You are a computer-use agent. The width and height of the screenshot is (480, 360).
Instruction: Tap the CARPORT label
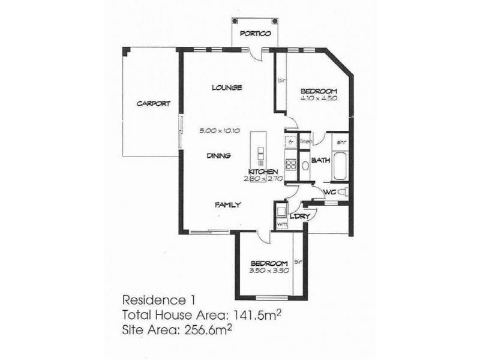point(153,103)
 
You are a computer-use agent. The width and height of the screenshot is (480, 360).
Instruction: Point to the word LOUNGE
point(227,88)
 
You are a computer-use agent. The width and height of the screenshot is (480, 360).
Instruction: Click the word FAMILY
point(228,205)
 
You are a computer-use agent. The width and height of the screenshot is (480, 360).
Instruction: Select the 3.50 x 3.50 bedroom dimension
point(270,271)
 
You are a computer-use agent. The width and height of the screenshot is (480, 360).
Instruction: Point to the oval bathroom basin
point(304,164)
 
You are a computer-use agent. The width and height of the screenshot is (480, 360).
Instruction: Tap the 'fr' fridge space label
point(290,143)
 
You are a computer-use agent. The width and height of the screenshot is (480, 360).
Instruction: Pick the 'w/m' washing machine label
point(281,224)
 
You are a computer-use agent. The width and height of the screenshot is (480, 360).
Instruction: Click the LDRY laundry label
point(298,216)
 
